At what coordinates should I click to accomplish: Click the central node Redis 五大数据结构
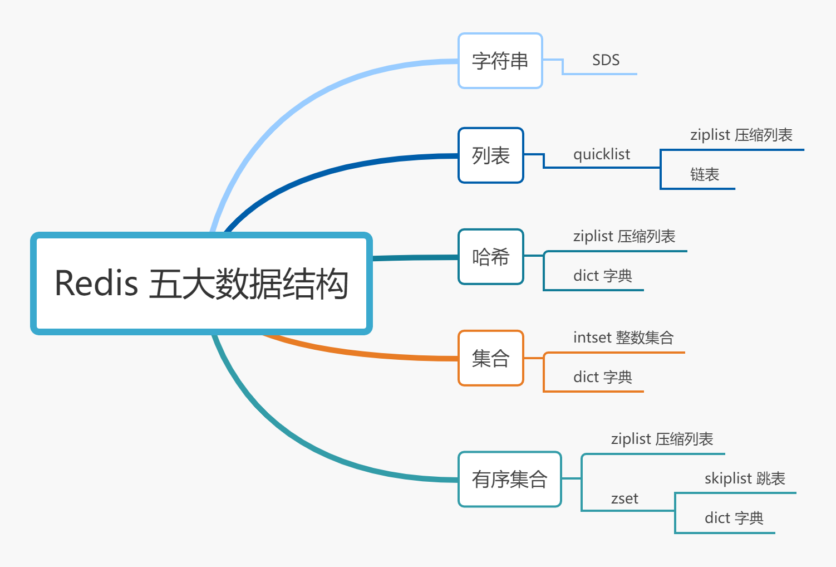pos(201,283)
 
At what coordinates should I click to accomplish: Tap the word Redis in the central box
pos(96,283)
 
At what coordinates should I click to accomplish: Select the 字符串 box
pos(500,61)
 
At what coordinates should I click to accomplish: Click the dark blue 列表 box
pos(490,155)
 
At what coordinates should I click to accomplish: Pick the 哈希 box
pos(490,257)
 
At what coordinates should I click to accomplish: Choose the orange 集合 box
pos(490,358)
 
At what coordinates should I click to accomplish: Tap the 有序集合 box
pos(509,479)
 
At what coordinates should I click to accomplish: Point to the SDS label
pos(606,60)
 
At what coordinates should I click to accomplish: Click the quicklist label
pos(602,154)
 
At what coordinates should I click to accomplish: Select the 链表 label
pos(705,175)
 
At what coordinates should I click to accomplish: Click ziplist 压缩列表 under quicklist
pos(741,135)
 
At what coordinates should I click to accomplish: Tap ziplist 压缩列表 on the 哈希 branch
pos(624,237)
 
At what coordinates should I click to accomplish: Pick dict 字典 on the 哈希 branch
pos(602,276)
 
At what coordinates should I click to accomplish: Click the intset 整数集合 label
pos(623,338)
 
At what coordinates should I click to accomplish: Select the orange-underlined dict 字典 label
pos(602,377)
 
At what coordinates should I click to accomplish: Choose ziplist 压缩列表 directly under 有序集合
pos(662,439)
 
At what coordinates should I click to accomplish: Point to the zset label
pos(624,498)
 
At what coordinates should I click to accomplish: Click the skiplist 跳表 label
pos(745,478)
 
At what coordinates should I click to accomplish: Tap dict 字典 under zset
pos(734,518)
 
